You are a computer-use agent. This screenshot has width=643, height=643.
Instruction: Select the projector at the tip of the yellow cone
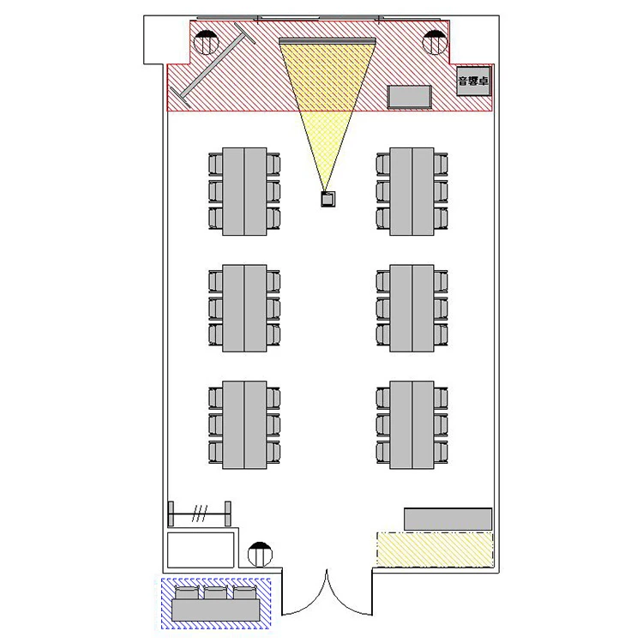point(327,199)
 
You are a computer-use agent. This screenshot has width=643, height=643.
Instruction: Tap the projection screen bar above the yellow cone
point(327,40)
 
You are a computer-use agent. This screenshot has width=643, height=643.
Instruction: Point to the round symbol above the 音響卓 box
point(435,41)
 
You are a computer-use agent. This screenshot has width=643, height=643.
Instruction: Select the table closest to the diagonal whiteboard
point(244,191)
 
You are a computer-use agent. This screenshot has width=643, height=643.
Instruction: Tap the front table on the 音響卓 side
point(412,191)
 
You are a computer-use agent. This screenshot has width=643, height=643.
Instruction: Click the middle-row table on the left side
point(244,308)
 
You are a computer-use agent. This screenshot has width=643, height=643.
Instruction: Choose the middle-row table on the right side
point(412,308)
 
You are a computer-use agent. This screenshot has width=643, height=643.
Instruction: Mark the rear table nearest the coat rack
point(244,424)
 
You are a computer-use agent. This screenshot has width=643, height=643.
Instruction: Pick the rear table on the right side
point(412,424)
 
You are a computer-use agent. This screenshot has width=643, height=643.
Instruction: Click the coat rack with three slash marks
point(200,514)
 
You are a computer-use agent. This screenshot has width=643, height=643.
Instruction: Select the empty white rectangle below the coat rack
point(201,549)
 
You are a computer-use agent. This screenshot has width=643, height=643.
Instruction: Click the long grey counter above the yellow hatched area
point(448,519)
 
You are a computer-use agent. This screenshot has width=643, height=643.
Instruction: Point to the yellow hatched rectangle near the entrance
point(435,548)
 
